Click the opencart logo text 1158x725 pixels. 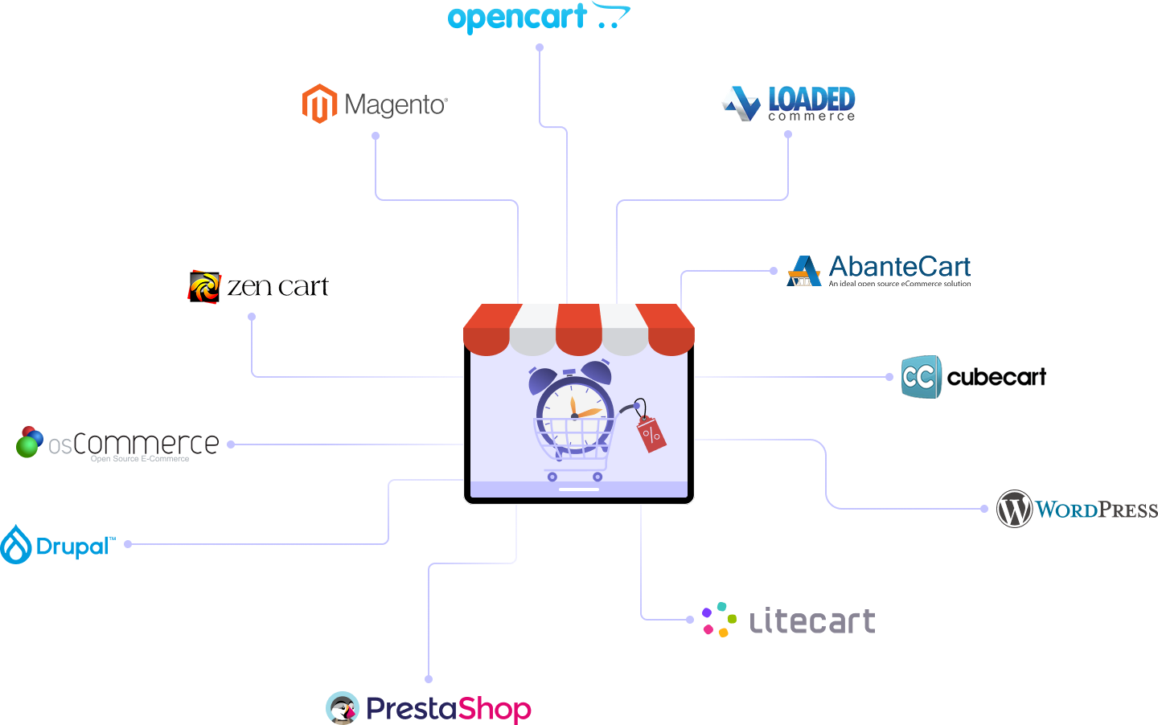[x=518, y=18]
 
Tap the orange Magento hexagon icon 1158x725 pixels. [x=319, y=104]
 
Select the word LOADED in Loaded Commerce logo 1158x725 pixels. [x=811, y=99]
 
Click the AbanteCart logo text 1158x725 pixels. [x=899, y=266]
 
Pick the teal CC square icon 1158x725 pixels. [x=920, y=377]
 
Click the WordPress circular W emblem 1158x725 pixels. [x=1014, y=509]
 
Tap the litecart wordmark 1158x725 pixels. [x=812, y=621]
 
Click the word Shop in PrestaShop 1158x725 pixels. [x=495, y=709]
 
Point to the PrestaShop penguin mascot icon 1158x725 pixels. [x=343, y=708]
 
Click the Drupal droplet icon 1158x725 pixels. [x=16, y=544]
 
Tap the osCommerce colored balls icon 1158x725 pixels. [x=30, y=442]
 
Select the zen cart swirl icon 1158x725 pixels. [x=204, y=287]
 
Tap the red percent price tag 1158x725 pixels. [x=651, y=434]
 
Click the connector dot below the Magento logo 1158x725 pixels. [x=376, y=136]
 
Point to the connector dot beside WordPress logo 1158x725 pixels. [x=984, y=509]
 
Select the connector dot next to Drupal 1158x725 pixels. [x=128, y=544]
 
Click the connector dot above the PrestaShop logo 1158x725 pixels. [x=429, y=679]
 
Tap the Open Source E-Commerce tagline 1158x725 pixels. [x=140, y=459]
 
